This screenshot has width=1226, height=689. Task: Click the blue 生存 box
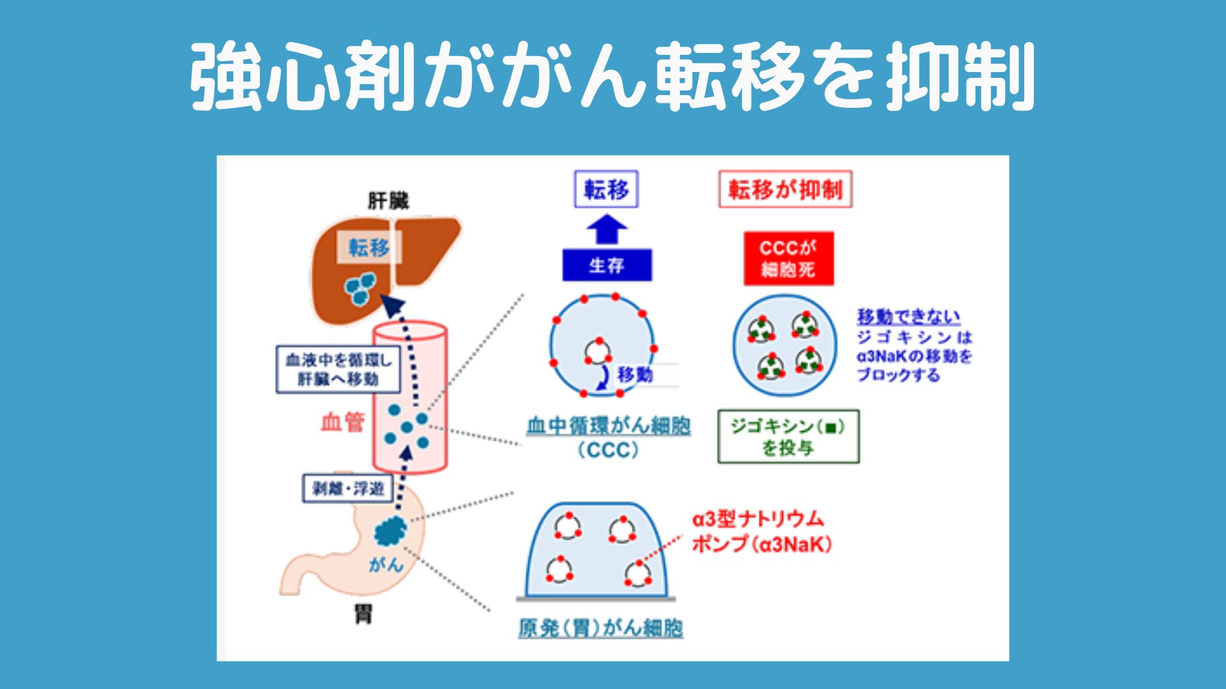pyautogui.click(x=607, y=265)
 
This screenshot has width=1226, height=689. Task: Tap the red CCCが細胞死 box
pyautogui.click(x=789, y=258)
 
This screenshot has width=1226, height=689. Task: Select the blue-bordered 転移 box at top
pyautogui.click(x=606, y=189)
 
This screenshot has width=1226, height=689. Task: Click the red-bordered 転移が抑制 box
pyautogui.click(x=785, y=189)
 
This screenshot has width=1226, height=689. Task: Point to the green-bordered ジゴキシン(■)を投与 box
pyautogui.click(x=789, y=437)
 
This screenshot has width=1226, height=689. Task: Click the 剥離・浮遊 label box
pyautogui.click(x=348, y=489)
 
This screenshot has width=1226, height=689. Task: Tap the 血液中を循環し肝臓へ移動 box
pyautogui.click(x=338, y=369)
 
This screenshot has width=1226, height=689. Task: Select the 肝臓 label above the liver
pyautogui.click(x=388, y=201)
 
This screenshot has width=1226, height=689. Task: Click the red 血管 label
pyautogui.click(x=342, y=422)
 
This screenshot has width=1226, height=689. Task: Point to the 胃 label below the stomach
pyautogui.click(x=363, y=614)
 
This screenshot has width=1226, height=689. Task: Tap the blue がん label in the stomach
pyautogui.click(x=385, y=564)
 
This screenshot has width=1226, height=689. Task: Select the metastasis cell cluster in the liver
pyautogui.click(x=360, y=289)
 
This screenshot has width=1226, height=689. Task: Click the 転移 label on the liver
pyautogui.click(x=369, y=247)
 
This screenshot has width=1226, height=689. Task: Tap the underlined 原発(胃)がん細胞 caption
pyautogui.click(x=600, y=628)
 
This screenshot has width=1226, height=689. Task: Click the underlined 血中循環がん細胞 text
pyautogui.click(x=609, y=426)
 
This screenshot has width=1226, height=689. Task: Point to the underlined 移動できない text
pyautogui.click(x=908, y=316)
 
